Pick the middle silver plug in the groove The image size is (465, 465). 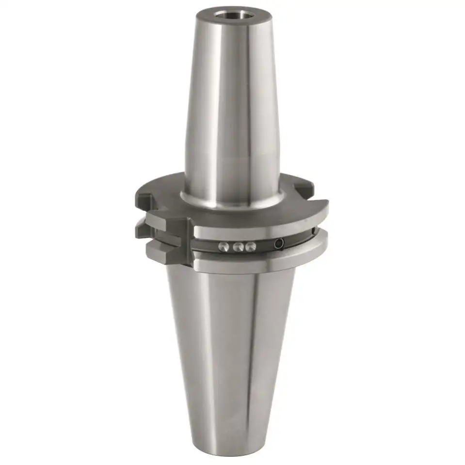pos(238,247)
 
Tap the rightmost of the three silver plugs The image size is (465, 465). pos(250,246)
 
